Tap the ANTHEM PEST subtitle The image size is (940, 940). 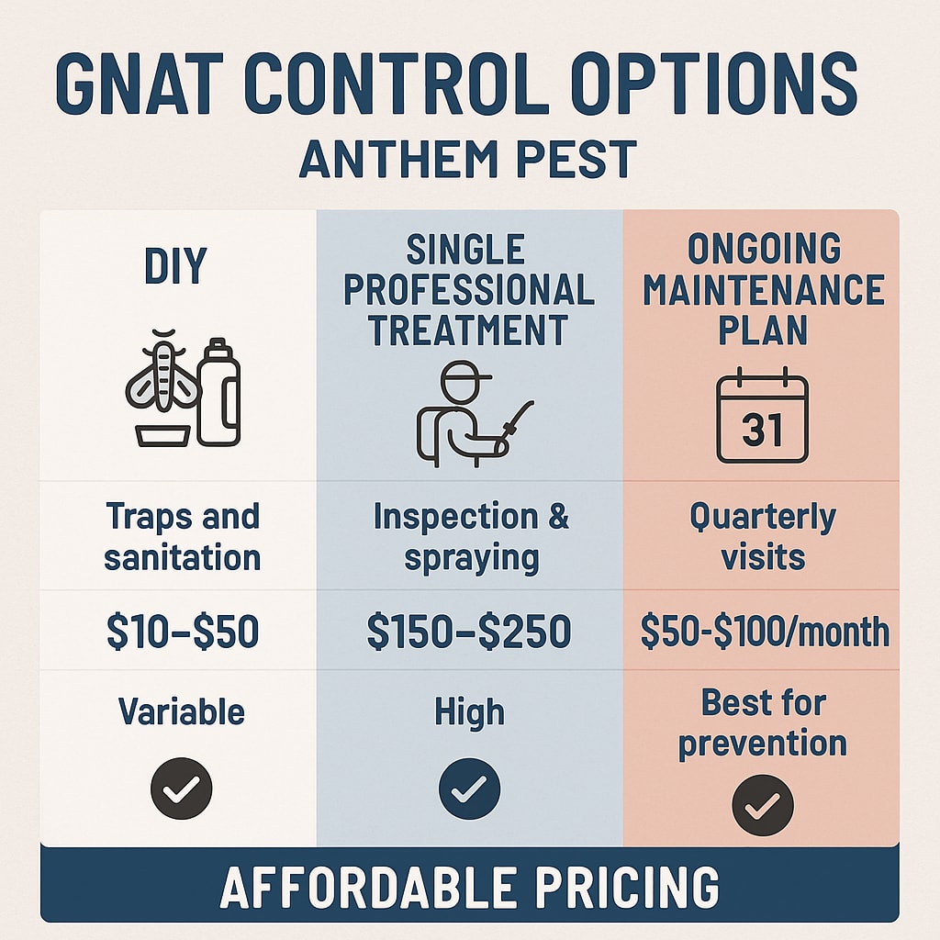pos(468,160)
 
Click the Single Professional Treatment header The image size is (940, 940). pos(469,290)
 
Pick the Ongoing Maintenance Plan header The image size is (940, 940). pos(763,290)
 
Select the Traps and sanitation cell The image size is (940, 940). pos(181,536)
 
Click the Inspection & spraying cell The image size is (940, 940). pos(470,536)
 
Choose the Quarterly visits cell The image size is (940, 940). pos(763,536)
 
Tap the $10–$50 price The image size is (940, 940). pos(182,631)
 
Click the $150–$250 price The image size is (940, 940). pos(469,632)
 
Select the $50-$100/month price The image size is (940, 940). pos(763,632)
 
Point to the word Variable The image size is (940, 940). pos(181,711)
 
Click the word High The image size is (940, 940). pos(469,711)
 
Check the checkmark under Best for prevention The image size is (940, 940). pos(762,805)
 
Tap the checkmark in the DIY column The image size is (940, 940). pos(181,789)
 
